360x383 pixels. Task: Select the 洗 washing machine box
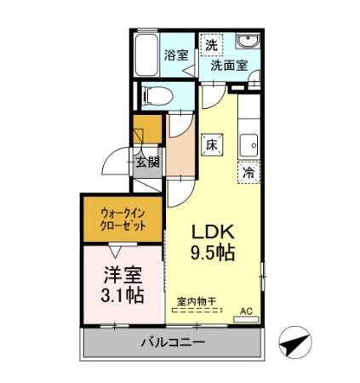click(x=210, y=43)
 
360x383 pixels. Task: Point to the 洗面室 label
click(x=229, y=65)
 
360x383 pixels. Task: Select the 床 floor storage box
click(x=213, y=145)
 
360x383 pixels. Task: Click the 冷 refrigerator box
click(x=249, y=172)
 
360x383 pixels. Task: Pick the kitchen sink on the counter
click(x=249, y=145)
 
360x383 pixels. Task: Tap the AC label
click(x=247, y=312)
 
